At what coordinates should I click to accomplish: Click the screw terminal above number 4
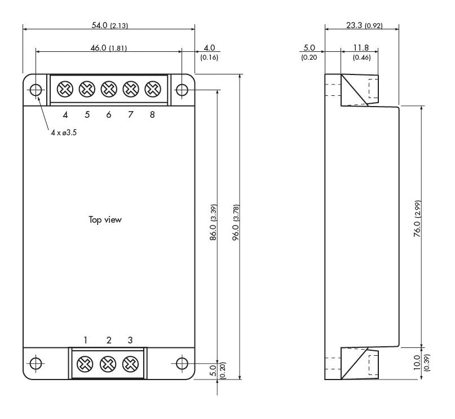pos(65,89)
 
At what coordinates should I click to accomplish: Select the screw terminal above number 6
pos(109,89)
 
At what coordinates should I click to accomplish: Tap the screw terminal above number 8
pos(153,89)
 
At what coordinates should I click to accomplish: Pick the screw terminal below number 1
pos(85,364)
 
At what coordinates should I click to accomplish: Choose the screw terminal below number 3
pos(131,364)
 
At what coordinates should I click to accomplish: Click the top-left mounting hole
pos(36,90)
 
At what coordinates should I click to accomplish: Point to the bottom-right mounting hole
pos(182,363)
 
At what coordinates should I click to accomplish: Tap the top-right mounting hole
pos(182,90)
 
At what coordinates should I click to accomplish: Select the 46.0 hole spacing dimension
pos(109,48)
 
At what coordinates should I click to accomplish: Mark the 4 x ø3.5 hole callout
pos(64,133)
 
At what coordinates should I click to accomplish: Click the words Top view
pos(105,220)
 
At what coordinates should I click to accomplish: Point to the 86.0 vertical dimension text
pos(213,223)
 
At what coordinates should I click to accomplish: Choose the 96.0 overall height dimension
pos(236,223)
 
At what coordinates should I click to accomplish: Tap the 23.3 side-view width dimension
pos(364,25)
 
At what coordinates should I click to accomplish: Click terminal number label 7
pos(131,114)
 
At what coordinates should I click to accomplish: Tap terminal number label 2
pos(109,340)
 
